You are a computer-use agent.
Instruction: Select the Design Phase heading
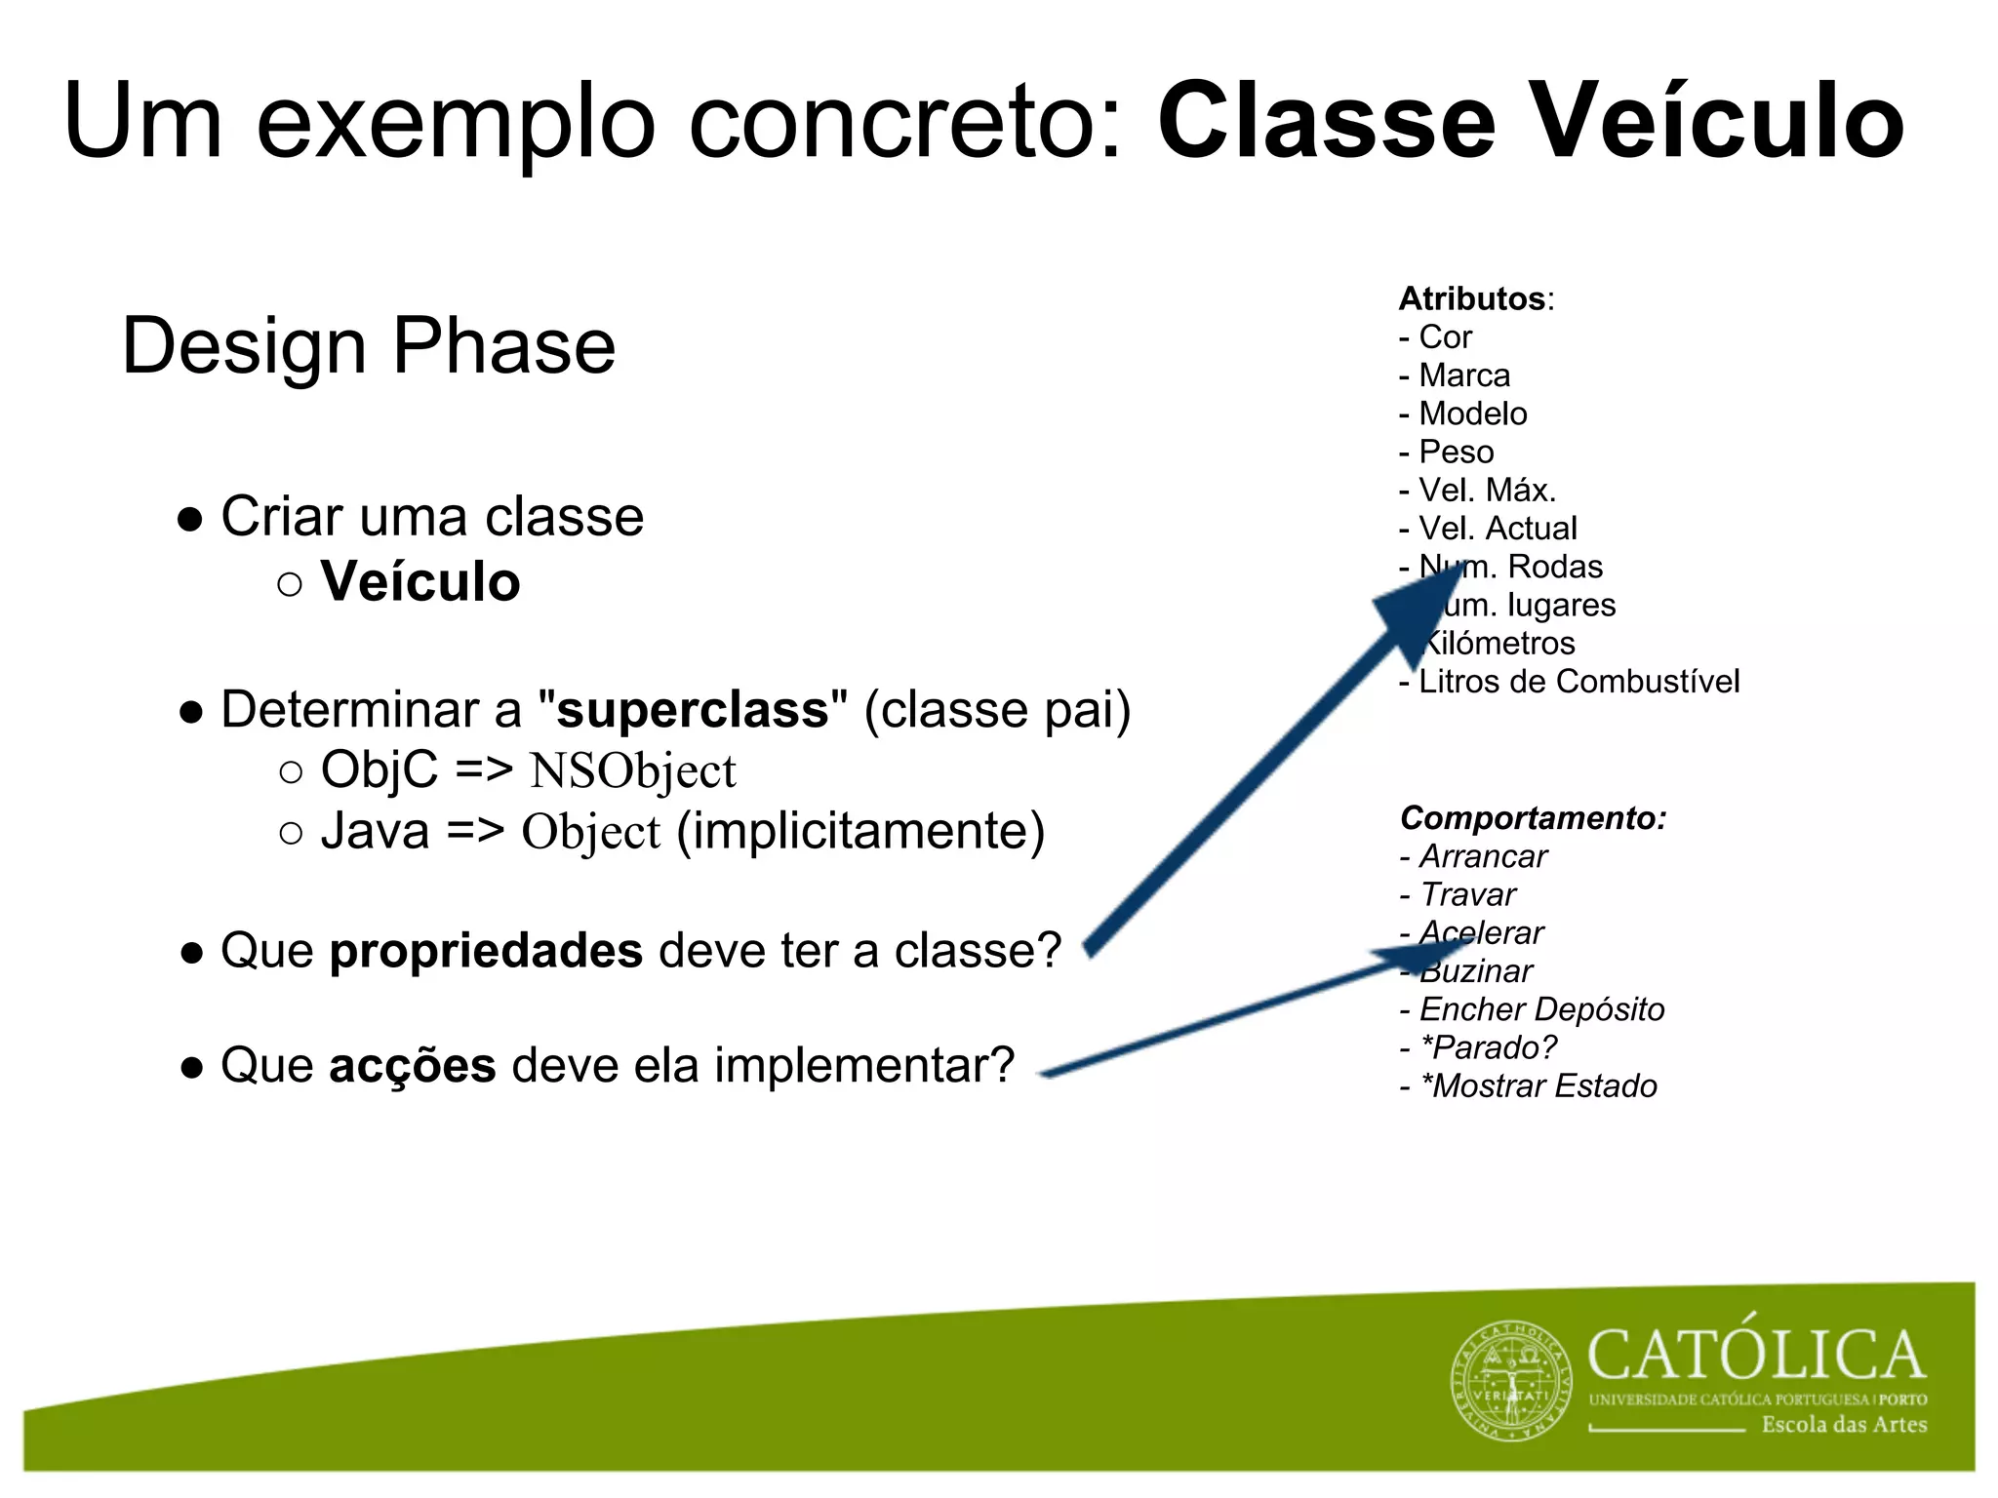click(368, 345)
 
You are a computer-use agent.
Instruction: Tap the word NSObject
click(632, 770)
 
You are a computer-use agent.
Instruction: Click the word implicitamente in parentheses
click(860, 831)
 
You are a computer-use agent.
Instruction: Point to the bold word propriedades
click(486, 950)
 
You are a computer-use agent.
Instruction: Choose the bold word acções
click(412, 1064)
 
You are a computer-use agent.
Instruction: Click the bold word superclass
click(692, 709)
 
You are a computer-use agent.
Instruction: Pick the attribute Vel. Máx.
click(1486, 490)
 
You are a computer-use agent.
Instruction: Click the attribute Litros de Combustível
click(1578, 681)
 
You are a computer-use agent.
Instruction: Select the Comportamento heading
click(1532, 817)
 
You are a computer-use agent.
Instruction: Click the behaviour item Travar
click(1467, 894)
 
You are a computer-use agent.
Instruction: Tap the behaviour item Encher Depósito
click(1540, 1009)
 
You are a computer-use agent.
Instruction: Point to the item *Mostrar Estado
click(1538, 1085)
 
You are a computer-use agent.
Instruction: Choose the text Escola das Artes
click(1843, 1425)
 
